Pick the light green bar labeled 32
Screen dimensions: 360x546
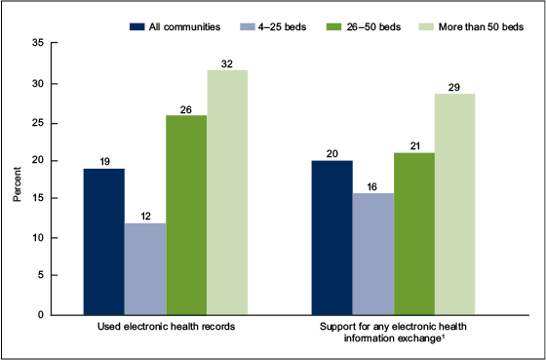point(226,192)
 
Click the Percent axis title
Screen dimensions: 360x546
point(19,180)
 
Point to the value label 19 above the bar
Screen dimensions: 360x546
point(103,159)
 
